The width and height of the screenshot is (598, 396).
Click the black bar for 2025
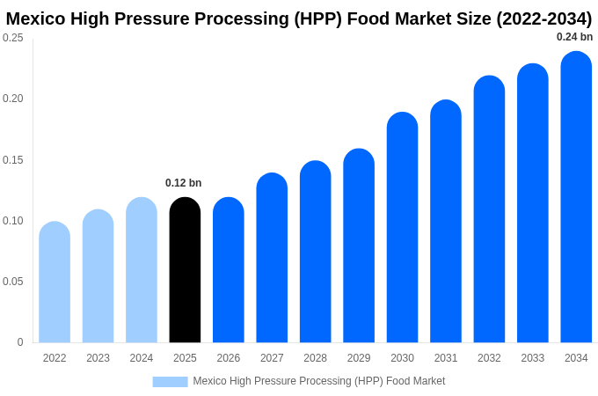coord(185,270)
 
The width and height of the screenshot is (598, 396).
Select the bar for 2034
coord(576,197)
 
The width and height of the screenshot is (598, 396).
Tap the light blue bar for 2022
coord(55,282)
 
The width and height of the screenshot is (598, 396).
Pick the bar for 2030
coord(402,228)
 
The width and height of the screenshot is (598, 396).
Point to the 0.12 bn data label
coord(184,183)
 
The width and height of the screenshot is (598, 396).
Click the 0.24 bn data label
coord(574,37)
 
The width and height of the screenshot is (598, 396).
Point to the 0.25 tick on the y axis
coord(13,38)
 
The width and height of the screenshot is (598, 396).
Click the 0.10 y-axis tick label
coord(13,221)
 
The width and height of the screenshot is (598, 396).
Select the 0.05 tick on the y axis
coord(13,282)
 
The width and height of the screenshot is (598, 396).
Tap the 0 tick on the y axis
coord(20,342)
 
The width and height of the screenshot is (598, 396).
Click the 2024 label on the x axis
coord(142,358)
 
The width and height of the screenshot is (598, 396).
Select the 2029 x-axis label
coord(359,358)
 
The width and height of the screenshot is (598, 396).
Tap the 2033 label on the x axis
coord(533,358)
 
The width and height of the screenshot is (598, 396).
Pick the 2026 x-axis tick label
coord(229,358)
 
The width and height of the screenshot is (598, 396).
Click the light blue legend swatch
coord(170,382)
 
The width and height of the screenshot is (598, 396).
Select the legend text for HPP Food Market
coord(319,381)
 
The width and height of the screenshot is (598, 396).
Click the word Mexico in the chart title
coord(39,18)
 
